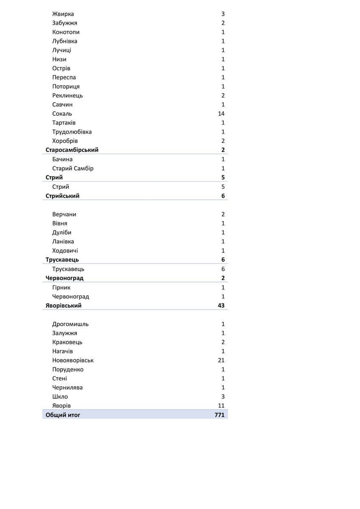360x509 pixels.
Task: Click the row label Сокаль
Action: coord(62,114)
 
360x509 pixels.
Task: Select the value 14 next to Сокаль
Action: coord(221,114)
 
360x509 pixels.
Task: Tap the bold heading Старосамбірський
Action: coord(72,150)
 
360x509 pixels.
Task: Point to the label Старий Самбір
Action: coord(73,168)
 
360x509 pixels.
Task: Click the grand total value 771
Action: coord(219,415)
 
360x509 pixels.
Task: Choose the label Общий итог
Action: coord(63,415)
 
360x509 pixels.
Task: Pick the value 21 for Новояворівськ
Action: coord(221,361)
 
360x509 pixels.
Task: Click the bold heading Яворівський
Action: coord(64,306)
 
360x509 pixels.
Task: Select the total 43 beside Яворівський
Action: coord(220,306)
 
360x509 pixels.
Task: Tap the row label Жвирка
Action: coord(63,14)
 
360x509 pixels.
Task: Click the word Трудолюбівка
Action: coord(72,132)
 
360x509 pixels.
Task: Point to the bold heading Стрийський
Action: coord(62,196)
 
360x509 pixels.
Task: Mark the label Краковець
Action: coord(67,342)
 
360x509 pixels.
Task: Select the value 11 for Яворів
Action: coord(221,406)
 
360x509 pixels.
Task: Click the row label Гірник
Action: coord(61,288)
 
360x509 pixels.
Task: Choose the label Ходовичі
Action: coord(65,251)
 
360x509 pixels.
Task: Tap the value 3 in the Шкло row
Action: coord(223,397)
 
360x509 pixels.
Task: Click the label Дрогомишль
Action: coord(70,324)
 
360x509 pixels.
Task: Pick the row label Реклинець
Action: coord(67,95)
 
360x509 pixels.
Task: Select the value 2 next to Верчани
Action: coord(223,214)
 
